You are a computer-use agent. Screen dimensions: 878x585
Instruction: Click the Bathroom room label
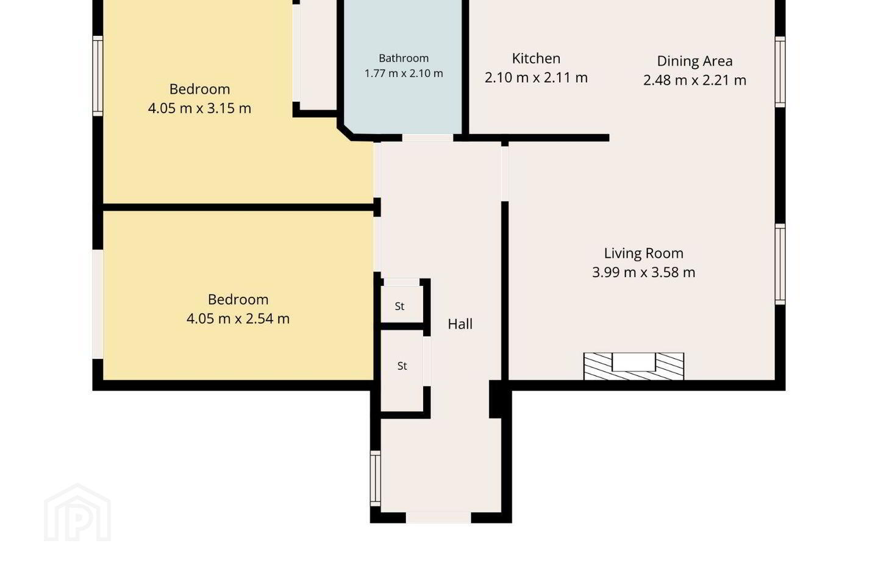(404, 58)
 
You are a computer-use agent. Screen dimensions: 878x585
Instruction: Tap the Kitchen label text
(536, 58)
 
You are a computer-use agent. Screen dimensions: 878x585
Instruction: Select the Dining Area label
(694, 61)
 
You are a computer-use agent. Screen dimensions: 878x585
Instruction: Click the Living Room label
(644, 253)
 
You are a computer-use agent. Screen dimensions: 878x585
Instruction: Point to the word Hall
(460, 324)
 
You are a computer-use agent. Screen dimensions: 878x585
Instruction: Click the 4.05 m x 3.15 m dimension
(199, 108)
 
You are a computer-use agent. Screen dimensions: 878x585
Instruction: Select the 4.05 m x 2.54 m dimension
(238, 319)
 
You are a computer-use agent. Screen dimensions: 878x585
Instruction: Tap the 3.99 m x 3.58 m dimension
(644, 272)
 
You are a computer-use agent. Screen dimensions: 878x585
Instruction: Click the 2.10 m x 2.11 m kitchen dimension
(536, 77)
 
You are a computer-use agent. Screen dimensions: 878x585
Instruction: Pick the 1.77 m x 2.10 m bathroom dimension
(404, 73)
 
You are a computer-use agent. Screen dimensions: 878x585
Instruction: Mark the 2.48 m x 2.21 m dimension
(694, 80)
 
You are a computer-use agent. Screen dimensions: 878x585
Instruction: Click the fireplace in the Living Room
(634, 366)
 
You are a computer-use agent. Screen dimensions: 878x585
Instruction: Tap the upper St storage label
(399, 307)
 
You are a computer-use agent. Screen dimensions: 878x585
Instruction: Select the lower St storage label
(402, 366)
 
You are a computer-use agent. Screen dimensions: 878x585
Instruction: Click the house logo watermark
(77, 513)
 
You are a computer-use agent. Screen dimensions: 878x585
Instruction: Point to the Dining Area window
(780, 72)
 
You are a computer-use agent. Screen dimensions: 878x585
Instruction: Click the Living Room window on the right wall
(780, 264)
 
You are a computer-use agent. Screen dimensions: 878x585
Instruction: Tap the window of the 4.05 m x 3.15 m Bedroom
(98, 76)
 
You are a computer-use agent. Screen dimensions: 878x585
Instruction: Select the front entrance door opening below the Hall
(438, 517)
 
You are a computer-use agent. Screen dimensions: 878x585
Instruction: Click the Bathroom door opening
(427, 138)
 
